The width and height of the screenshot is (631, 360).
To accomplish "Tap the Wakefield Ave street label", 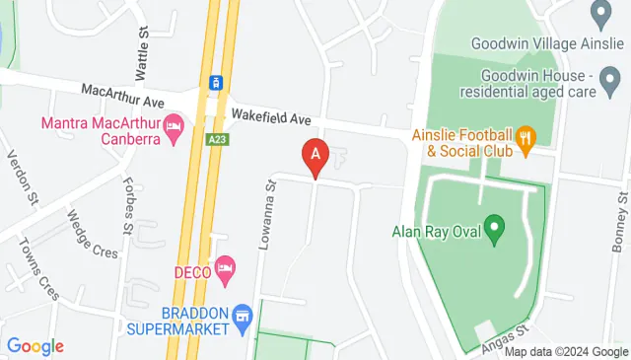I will tap(270, 118).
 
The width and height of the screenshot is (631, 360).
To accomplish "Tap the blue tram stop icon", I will tap(214, 82).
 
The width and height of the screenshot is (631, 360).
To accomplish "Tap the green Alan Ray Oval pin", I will tap(497, 233).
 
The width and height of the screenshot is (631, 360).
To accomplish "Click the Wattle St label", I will tap(143, 46).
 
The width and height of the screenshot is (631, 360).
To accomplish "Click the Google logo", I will tap(35, 346).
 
